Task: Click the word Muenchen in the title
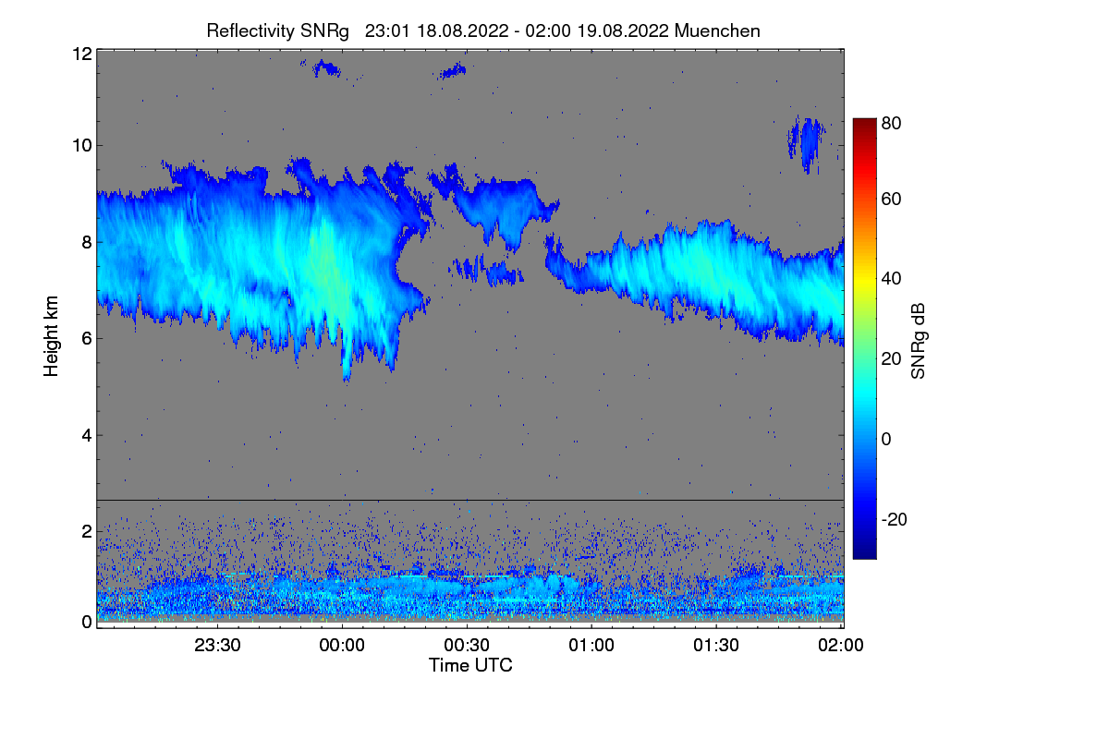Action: (717, 30)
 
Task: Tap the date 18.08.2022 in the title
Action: (461, 30)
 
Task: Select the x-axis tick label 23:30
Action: (217, 646)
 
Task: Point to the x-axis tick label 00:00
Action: (342, 646)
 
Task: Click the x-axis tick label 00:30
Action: (467, 646)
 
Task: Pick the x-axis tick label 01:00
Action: (591, 646)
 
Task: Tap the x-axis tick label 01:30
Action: (716, 646)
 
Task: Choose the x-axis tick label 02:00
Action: (841, 646)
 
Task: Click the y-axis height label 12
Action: (80, 54)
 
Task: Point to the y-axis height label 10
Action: (80, 145)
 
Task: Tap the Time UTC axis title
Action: (470, 665)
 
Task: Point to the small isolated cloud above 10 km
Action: (809, 139)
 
